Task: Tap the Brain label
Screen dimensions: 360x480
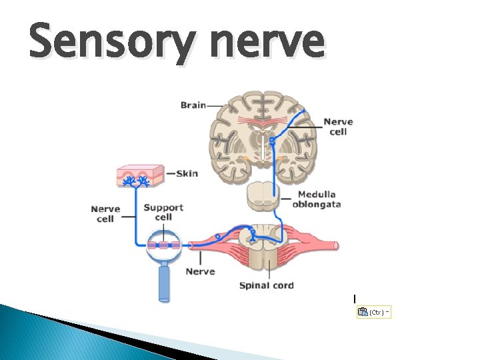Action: pyautogui.click(x=193, y=105)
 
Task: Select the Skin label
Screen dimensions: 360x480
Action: pyautogui.click(x=187, y=173)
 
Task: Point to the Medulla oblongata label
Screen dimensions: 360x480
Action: pyautogui.click(x=316, y=199)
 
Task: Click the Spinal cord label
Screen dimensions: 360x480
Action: pyautogui.click(x=266, y=285)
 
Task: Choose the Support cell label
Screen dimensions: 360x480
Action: pyautogui.click(x=163, y=212)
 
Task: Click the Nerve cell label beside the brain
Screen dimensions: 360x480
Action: pyautogui.click(x=338, y=127)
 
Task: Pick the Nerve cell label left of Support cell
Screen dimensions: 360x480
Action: pyautogui.click(x=105, y=214)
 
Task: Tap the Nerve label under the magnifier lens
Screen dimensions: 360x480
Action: pyautogui.click(x=200, y=271)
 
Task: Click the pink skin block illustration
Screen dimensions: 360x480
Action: pyautogui.click(x=140, y=175)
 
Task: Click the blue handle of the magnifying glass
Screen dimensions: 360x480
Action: pyautogui.click(x=165, y=283)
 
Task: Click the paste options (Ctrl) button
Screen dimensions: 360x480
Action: pyautogui.click(x=373, y=312)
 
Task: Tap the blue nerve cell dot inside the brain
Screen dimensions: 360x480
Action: pyautogui.click(x=272, y=141)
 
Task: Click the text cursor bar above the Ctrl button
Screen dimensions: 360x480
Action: pyautogui.click(x=355, y=298)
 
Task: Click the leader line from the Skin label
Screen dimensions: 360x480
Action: pyautogui.click(x=169, y=174)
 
